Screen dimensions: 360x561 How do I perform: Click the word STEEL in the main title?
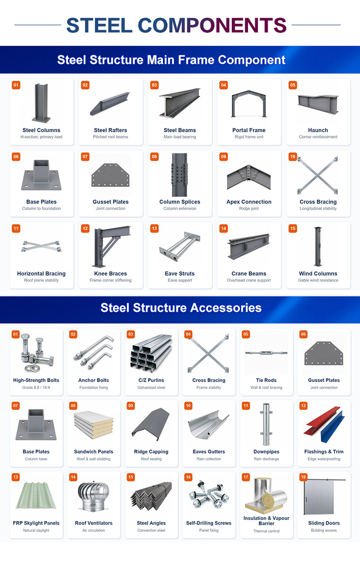pos(99,25)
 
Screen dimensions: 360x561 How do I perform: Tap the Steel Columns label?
pos(41,130)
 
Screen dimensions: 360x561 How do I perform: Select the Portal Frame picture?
pos(249,103)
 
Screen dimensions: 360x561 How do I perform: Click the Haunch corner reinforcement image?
pos(318,104)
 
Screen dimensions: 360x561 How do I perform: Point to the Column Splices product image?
pos(180,175)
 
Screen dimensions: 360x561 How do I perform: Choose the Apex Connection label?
pos(249,202)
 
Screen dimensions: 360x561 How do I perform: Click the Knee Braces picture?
pos(111,247)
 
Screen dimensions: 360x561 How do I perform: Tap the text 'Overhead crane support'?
pos(249,280)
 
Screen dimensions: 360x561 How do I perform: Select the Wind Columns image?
pos(318,247)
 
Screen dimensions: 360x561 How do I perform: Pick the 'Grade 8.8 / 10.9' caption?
pos(36,387)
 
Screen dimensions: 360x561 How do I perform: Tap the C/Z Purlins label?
pos(151,380)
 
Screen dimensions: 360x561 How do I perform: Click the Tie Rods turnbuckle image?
pos(266,353)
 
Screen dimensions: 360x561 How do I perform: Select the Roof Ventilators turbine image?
pos(94,496)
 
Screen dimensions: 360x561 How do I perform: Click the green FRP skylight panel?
pos(36,496)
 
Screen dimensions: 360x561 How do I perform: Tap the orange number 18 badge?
pos(303,477)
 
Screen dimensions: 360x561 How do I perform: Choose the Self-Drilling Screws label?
pos(209,523)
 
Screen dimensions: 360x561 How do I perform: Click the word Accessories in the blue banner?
pos(226,308)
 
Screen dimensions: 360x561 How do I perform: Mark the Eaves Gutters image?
pos(208,425)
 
